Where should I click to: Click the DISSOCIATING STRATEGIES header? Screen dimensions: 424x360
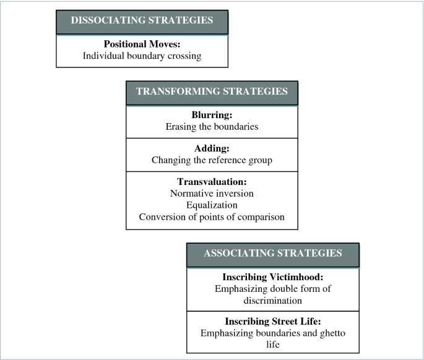click(x=142, y=21)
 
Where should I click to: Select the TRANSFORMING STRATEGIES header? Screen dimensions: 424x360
click(x=212, y=92)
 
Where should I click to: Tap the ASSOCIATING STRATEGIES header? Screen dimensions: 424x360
click(x=272, y=253)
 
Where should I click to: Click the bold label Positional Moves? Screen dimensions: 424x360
click(x=142, y=45)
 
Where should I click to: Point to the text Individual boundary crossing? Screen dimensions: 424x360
click(x=142, y=56)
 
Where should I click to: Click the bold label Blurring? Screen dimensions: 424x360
click(x=212, y=115)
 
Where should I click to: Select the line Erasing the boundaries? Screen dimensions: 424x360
click(x=212, y=126)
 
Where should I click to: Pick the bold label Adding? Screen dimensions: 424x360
click(x=212, y=148)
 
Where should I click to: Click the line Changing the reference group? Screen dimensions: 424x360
click(x=212, y=160)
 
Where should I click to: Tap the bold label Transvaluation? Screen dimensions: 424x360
click(x=212, y=182)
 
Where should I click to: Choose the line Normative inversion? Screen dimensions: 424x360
click(x=212, y=194)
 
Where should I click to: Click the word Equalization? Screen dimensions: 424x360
click(x=212, y=205)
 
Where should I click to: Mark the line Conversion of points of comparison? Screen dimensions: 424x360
click(x=212, y=216)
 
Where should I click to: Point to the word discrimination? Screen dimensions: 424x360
click(x=272, y=300)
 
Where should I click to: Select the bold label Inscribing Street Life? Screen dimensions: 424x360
click(x=272, y=322)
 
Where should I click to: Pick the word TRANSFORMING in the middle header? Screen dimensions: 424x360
click(x=176, y=92)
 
